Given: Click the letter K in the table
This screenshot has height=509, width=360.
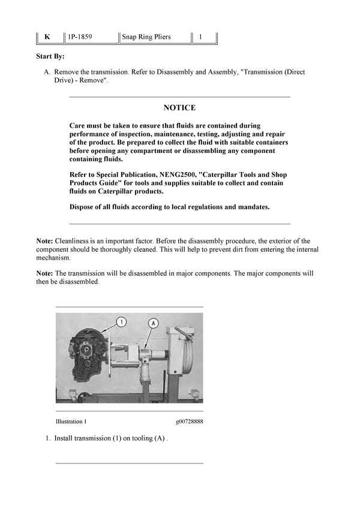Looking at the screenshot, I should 47,37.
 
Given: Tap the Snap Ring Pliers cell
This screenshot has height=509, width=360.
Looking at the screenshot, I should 146,37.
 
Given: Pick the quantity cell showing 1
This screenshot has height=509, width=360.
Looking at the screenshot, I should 200,37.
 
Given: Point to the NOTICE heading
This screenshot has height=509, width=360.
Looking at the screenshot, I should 179,108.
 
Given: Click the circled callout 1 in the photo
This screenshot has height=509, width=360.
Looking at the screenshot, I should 122,323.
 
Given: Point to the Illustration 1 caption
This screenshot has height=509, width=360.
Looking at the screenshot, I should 71,421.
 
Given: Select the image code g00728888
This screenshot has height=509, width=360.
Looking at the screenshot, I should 189,421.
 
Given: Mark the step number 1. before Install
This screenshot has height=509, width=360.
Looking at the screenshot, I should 48,438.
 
